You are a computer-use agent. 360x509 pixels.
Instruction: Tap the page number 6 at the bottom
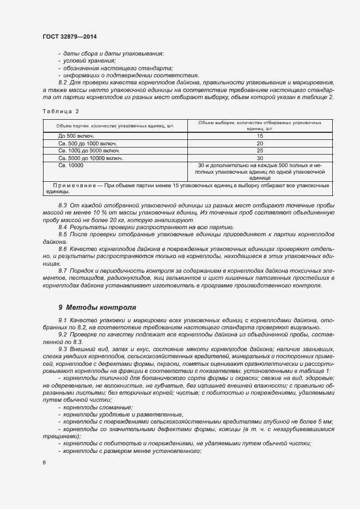[x=44, y=463]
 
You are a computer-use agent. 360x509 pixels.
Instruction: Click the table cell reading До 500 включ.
[x=77, y=136]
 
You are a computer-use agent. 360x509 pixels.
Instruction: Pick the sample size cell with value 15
[x=260, y=136]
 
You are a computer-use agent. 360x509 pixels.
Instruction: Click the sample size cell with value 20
[x=260, y=143]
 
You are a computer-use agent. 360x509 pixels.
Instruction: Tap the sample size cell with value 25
[x=260, y=150]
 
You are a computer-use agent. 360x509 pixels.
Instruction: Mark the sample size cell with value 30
[x=260, y=158]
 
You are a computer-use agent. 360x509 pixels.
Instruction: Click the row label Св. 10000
[x=71, y=165]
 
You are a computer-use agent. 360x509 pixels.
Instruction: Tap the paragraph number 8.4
[x=63, y=227]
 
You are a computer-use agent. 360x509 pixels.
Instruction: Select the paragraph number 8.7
[x=63, y=271]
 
